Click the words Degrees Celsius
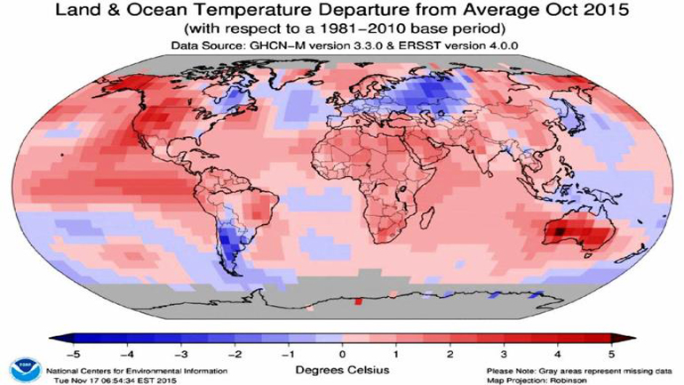(343, 366)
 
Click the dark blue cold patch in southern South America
(233, 238)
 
